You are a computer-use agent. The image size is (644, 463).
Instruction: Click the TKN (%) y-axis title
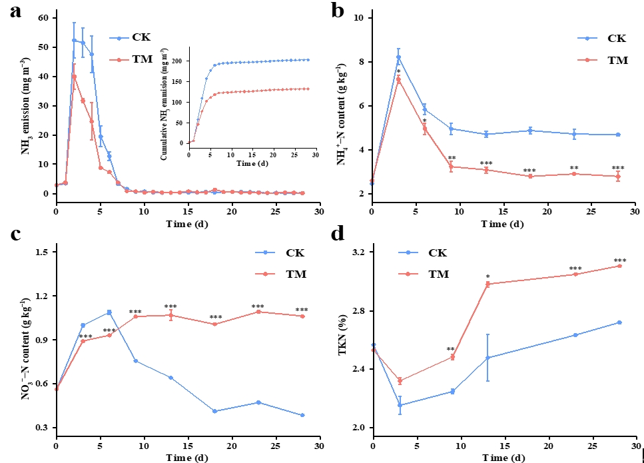click(344, 340)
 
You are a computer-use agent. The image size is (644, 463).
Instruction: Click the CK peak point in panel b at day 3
click(398, 57)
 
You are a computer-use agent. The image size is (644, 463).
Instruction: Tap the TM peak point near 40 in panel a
click(74, 77)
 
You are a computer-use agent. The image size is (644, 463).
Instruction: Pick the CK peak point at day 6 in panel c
click(109, 312)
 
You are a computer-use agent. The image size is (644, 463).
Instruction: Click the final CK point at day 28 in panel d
click(619, 322)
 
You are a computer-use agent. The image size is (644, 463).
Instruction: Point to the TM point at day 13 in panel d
click(487, 284)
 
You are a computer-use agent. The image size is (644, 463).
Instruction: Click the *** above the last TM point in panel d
click(619, 260)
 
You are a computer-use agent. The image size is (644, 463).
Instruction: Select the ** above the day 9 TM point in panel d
click(451, 349)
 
